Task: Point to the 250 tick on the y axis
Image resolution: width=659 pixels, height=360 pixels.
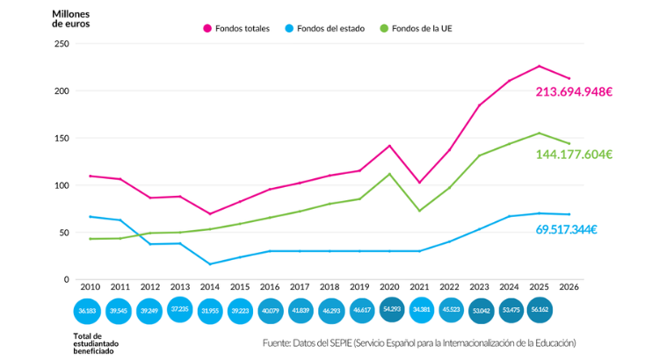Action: point(62,44)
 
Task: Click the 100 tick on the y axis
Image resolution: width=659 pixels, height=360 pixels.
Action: point(62,185)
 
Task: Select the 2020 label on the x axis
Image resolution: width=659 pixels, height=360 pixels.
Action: point(389,287)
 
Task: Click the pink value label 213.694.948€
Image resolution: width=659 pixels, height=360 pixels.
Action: point(573,92)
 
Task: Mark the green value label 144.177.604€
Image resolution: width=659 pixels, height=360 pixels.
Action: point(574,155)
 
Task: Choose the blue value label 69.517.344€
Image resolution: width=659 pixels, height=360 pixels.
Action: point(566,229)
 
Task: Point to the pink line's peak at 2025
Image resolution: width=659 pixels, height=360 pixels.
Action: point(540,66)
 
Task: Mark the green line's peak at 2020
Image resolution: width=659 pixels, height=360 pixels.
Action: point(389,173)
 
